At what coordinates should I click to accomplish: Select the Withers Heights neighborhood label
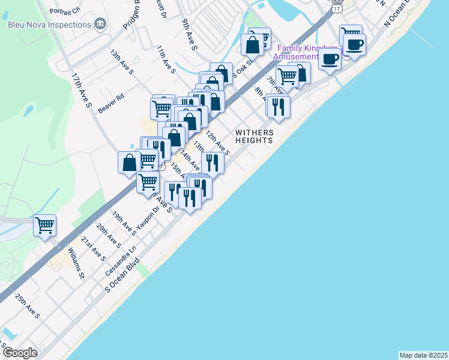click(255, 136)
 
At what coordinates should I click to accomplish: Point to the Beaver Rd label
click(111, 104)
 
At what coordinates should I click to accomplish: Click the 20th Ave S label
click(109, 236)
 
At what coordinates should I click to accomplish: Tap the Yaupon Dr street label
click(148, 218)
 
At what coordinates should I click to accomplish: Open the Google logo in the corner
click(20, 352)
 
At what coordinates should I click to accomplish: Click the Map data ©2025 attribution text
click(423, 355)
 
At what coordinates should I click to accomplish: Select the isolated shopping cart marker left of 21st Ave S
click(44, 226)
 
